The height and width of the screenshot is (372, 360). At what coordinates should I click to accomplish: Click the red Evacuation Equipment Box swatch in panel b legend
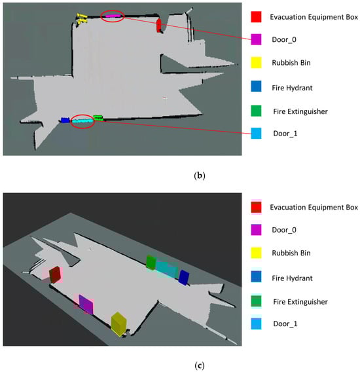tap(256, 17)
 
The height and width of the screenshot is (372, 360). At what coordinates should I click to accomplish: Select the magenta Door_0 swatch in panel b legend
tap(256, 39)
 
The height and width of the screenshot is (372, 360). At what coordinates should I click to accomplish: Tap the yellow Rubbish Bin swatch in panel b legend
tap(256, 63)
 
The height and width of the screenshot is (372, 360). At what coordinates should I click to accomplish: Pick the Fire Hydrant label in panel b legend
tap(292, 88)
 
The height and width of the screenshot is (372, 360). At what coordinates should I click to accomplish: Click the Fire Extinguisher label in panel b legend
tap(300, 111)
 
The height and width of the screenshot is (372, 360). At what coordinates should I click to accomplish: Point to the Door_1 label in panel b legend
tap(285, 134)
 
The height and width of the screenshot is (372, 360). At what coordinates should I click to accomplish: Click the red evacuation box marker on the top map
tap(158, 26)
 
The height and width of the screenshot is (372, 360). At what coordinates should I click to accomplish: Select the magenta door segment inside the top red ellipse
tap(113, 16)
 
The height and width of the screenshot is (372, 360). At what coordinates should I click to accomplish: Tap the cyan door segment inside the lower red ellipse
tap(82, 121)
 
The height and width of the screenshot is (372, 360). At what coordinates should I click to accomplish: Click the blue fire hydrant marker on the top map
tap(65, 120)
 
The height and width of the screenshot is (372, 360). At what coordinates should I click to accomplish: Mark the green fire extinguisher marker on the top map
tap(98, 118)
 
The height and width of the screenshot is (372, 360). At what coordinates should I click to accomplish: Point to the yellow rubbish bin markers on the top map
tap(82, 19)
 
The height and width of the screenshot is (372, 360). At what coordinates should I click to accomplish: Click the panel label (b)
tap(199, 176)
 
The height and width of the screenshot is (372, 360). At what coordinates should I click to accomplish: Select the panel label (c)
tap(199, 365)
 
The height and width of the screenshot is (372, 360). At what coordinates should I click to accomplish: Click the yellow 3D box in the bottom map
tap(118, 324)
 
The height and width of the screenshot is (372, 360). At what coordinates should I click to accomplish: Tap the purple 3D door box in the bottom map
tap(86, 305)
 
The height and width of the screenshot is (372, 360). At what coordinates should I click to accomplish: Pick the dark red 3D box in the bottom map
tap(55, 274)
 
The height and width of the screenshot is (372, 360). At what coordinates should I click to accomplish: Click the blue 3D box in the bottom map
tap(184, 277)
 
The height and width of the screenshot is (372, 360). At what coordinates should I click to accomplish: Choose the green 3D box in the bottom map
tap(151, 263)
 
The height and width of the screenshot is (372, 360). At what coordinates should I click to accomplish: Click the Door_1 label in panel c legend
tap(285, 324)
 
